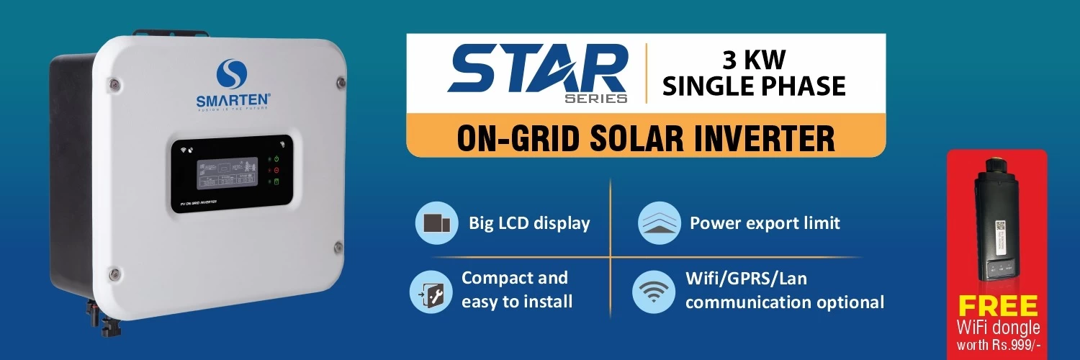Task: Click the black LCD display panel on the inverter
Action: click(x=231, y=171)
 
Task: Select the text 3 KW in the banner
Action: click(x=754, y=60)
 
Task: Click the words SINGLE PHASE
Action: click(x=754, y=86)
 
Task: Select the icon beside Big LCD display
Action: click(x=437, y=222)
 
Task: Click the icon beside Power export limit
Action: click(x=660, y=222)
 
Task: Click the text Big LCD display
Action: click(x=529, y=223)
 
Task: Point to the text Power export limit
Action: click(x=765, y=223)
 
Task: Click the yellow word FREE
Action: click(x=997, y=306)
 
